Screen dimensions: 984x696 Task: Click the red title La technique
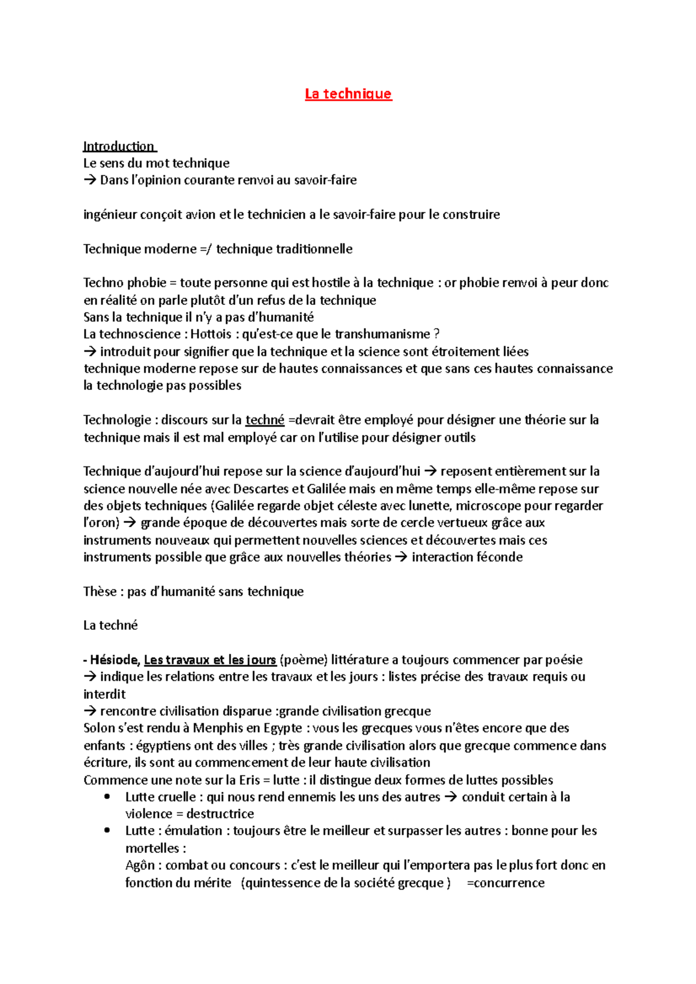pyautogui.click(x=348, y=94)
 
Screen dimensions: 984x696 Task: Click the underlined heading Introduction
pyautogui.click(x=119, y=146)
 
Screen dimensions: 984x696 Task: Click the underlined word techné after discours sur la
pyautogui.click(x=264, y=420)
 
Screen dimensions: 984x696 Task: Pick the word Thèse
pyautogui.click(x=100, y=592)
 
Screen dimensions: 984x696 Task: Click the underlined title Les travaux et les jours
pyautogui.click(x=209, y=660)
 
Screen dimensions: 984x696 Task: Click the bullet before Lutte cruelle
pyautogui.click(x=107, y=797)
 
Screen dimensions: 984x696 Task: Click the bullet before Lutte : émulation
pyautogui.click(x=107, y=830)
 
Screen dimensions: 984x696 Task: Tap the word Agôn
pyautogui.click(x=140, y=866)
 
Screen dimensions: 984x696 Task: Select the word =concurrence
pyautogui.click(x=505, y=883)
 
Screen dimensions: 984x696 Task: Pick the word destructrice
pyautogui.click(x=220, y=814)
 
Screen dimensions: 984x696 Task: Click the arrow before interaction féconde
pyautogui.click(x=400, y=557)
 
